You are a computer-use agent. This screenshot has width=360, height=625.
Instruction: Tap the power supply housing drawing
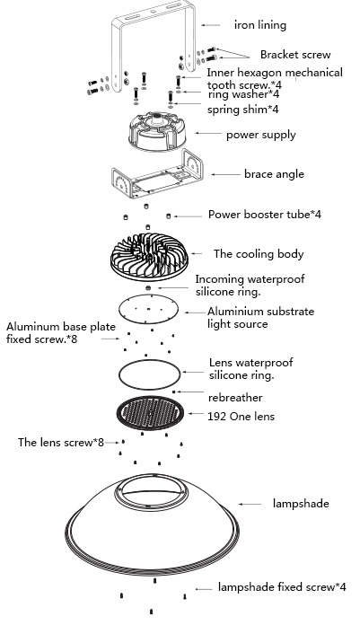click(157, 131)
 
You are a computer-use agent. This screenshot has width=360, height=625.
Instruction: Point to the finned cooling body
click(149, 256)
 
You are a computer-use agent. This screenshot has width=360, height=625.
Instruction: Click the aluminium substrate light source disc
click(148, 309)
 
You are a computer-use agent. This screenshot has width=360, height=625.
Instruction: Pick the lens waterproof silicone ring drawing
click(119, 374)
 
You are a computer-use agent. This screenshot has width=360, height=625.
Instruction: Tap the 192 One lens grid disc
click(150, 413)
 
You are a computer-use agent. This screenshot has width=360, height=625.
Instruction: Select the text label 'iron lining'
click(260, 25)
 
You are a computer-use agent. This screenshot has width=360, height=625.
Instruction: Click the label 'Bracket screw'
click(295, 55)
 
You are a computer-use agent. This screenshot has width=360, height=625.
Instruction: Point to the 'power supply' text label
click(261, 135)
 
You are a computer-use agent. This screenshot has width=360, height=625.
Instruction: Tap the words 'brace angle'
click(274, 174)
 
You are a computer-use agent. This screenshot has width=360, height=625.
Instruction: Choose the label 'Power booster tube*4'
click(265, 215)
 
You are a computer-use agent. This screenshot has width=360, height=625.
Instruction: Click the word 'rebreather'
click(235, 398)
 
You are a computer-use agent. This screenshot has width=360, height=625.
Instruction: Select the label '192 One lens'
click(241, 416)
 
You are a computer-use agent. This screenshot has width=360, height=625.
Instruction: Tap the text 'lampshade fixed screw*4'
click(282, 586)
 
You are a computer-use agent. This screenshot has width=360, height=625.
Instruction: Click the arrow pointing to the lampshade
click(250, 505)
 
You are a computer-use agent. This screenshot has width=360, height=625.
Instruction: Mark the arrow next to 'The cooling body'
click(197, 253)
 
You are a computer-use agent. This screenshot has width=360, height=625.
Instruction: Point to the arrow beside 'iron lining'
click(210, 25)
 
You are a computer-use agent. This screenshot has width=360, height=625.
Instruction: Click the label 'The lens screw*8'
click(60, 442)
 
